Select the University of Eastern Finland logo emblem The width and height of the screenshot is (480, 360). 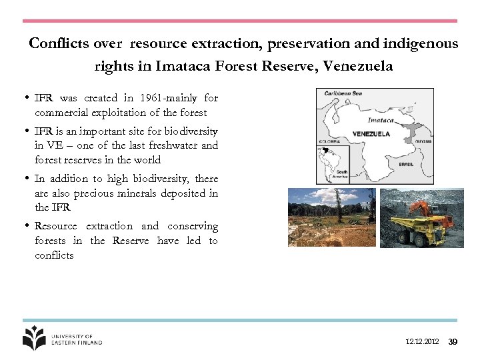(34, 338)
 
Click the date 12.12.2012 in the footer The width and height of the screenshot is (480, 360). (422, 342)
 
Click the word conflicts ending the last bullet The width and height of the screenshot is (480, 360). (54, 255)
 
